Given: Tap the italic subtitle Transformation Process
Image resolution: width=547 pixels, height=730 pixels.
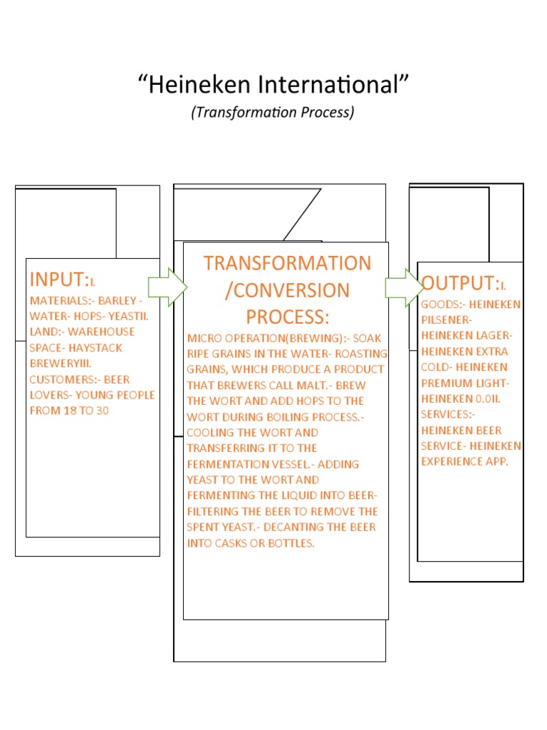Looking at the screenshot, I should point(273,113).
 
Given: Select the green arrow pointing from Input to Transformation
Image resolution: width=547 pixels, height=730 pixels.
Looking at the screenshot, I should point(167,287).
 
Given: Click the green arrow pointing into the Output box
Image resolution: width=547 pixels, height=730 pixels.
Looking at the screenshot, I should point(404,287).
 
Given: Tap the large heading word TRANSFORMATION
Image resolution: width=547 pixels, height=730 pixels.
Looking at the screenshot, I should point(287,263).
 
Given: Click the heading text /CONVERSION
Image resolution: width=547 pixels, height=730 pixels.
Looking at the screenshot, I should point(287,290).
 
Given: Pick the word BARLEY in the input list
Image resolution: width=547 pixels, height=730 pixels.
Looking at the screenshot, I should point(114,300).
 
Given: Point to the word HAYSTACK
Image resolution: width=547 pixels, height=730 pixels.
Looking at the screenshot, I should point(97,348).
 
